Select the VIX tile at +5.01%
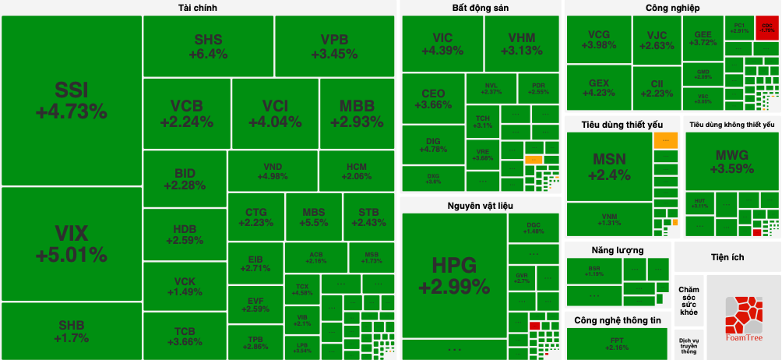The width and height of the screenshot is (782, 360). tap(71, 244)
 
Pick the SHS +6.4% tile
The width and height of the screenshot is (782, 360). tap(208, 46)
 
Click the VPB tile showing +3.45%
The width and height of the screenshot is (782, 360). tap(334, 46)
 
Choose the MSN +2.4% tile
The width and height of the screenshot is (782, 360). tap(609, 167)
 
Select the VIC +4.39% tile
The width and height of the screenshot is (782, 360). tap(442, 44)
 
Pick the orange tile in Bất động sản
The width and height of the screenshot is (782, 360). tap(533, 160)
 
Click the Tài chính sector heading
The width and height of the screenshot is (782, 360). tap(198, 8)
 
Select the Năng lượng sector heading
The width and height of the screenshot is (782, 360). tap(617, 250)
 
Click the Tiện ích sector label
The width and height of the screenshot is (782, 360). tap(727, 256)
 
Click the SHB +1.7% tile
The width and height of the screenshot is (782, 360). tap(71, 331)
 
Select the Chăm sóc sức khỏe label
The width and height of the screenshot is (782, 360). tap(689, 300)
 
